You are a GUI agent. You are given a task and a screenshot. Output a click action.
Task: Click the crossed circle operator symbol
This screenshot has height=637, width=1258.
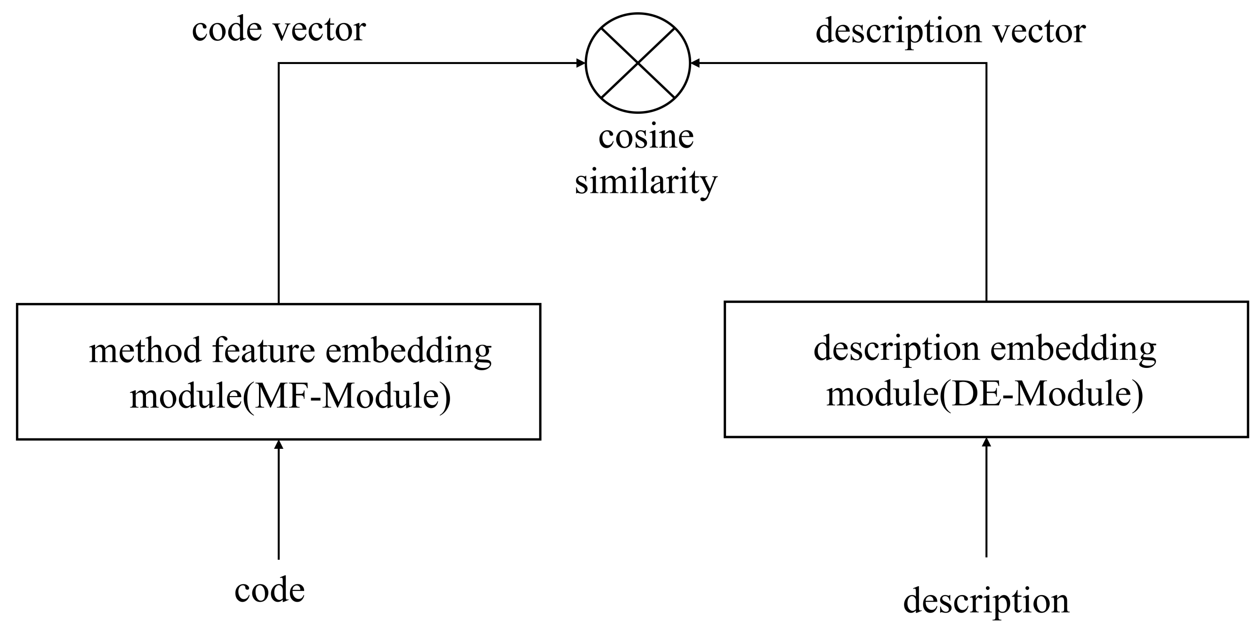(x=638, y=63)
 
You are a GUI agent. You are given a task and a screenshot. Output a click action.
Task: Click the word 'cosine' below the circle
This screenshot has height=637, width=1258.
(x=645, y=137)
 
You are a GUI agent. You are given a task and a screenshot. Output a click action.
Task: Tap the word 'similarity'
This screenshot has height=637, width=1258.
(x=645, y=182)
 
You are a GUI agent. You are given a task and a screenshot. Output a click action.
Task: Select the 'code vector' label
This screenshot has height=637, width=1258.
(x=278, y=29)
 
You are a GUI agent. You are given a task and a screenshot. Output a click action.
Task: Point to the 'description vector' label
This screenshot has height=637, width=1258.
(x=951, y=31)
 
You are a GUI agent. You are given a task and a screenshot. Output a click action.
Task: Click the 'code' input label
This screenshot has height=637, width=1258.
(x=270, y=590)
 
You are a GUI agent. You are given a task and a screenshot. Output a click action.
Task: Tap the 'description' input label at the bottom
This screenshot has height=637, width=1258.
(x=986, y=601)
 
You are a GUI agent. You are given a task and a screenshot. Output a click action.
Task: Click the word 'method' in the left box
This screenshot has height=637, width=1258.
(x=145, y=350)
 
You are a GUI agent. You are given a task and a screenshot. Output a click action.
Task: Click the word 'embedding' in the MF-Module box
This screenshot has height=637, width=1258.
(x=408, y=351)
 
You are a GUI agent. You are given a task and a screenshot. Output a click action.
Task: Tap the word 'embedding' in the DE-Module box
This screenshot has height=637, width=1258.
(x=1073, y=349)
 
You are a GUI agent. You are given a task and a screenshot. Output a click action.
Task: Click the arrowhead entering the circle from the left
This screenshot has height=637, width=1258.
(x=581, y=63)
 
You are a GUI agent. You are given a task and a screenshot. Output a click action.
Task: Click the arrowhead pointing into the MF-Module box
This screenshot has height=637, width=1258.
(x=278, y=444)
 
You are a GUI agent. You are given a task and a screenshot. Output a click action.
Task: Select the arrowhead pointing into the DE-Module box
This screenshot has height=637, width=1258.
(x=986, y=442)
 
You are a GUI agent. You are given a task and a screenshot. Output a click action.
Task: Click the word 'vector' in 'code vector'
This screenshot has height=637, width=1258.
(x=319, y=29)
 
